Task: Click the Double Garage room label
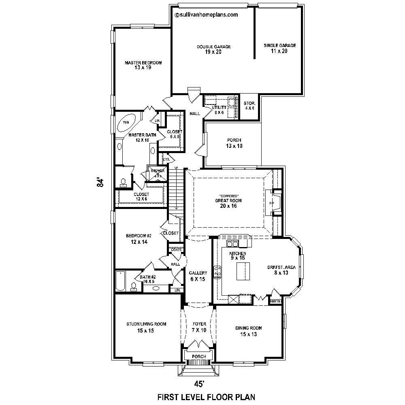click(x=214, y=49)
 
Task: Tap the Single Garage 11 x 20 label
click(x=279, y=48)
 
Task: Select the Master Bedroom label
click(x=143, y=65)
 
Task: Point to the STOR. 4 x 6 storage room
click(x=249, y=106)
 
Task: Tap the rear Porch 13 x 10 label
click(x=234, y=143)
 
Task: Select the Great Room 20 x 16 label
click(x=228, y=203)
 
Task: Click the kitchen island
click(x=243, y=271)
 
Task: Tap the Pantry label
click(x=275, y=301)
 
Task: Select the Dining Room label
click(x=248, y=331)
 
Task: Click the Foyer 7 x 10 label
click(x=199, y=327)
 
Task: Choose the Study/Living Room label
click(x=146, y=327)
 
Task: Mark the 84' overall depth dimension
click(x=101, y=182)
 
